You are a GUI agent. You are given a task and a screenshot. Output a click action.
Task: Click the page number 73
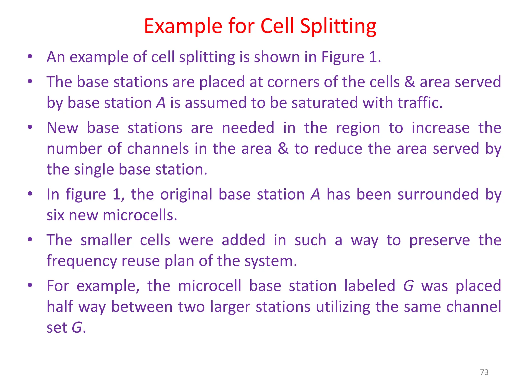click(484, 372)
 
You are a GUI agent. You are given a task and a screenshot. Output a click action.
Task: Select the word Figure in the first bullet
click(343, 57)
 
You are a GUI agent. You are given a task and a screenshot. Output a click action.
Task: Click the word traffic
click(420, 103)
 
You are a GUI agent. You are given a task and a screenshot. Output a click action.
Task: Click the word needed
click(248, 128)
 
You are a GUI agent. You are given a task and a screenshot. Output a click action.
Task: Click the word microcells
click(140, 215)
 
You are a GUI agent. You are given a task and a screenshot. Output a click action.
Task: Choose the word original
click(186, 194)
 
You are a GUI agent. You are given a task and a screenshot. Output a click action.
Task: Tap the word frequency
click(81, 261)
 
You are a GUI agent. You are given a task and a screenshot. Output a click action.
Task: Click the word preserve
click(440, 240)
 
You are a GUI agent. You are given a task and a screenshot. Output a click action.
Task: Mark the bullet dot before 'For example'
click(30, 285)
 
